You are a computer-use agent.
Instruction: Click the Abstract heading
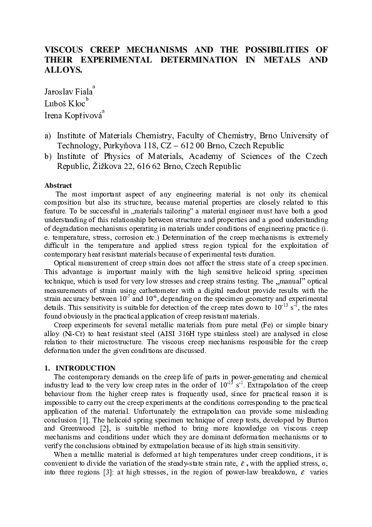[58, 185]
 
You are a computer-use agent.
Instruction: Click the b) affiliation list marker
[48, 156]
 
